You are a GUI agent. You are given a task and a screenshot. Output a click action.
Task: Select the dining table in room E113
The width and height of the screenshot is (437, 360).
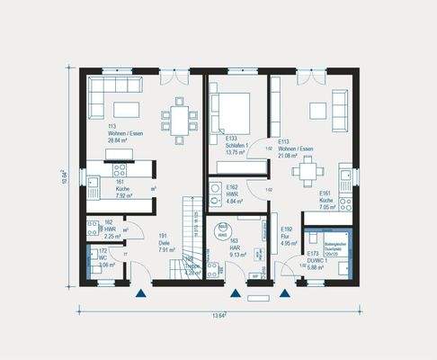pos(309,168)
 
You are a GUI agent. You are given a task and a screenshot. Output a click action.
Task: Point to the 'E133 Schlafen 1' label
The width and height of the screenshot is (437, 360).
pos(225,147)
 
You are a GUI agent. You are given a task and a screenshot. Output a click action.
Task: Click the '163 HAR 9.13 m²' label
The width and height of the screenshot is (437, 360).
pos(221,248)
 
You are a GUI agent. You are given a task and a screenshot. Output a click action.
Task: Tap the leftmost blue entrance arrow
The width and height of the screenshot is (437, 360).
pos(140,292)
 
